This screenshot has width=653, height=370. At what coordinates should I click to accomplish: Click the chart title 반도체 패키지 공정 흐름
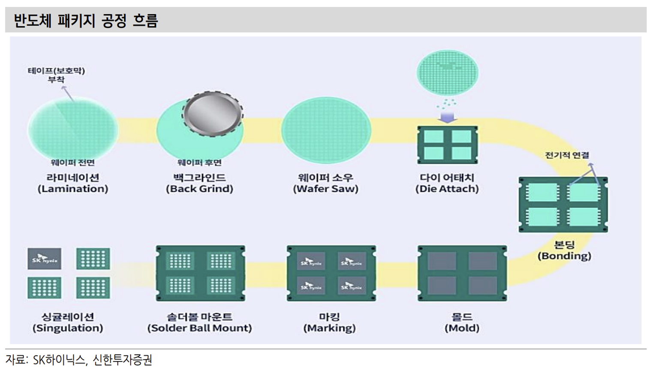coord(86,21)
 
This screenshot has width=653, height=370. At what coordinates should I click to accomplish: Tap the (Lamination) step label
coord(73,189)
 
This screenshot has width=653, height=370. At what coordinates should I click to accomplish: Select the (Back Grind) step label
coord(199,189)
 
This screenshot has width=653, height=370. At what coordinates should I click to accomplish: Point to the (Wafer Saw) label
coord(325,189)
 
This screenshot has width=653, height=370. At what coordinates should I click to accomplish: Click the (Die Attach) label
coord(447,189)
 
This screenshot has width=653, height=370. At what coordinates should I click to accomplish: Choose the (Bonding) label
coord(564,256)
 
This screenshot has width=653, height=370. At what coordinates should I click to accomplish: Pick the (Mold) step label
coord(462,328)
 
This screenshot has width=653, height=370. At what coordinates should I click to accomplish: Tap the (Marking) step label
coord(329,328)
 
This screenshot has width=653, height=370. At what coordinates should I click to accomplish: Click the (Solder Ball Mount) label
coord(199,328)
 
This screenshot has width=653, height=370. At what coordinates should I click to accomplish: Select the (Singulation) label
coord(68,328)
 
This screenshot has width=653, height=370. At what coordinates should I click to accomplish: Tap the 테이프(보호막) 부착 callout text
coord(56,75)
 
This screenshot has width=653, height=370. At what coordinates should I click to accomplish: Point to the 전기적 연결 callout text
coord(567,155)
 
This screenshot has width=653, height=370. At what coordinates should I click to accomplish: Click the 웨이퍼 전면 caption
coord(72,162)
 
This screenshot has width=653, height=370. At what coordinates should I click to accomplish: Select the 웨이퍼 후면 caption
coord(199,162)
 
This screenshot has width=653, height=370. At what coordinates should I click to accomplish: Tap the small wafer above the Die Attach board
coord(447,72)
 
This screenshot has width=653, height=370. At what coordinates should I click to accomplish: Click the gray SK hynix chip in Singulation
coord(45,259)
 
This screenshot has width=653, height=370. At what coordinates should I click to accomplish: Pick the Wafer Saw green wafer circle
coord(326,130)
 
